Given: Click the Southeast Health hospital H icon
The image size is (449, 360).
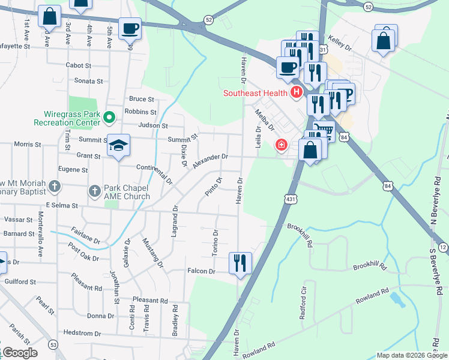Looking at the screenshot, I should [x=295, y=92].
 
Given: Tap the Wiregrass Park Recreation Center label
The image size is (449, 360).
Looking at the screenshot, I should [x=71, y=118].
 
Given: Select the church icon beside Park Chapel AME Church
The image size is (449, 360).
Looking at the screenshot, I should [x=94, y=191].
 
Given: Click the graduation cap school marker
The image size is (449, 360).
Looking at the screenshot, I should [x=119, y=146].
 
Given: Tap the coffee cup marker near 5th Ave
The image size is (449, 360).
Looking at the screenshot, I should [x=130, y=28].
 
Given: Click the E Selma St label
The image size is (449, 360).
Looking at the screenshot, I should [x=58, y=205].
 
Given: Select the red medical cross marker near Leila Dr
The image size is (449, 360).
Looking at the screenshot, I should [x=280, y=145].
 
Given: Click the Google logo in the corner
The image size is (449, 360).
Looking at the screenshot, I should [x=19, y=353].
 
